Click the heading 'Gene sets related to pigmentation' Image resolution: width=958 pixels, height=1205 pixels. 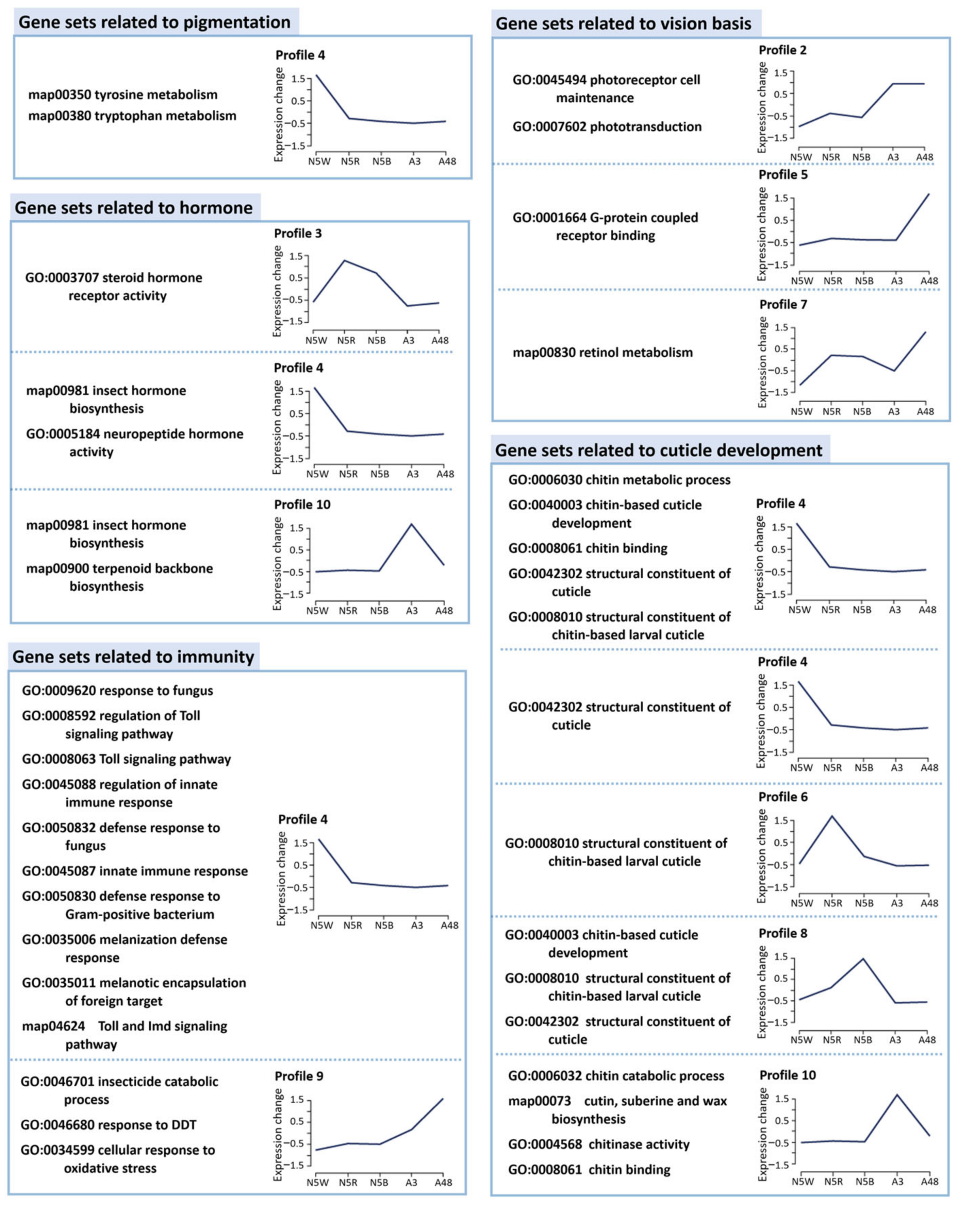point(154,22)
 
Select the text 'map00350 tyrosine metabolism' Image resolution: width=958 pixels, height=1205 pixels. point(122,95)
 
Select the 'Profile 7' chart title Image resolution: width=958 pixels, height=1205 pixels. point(783,305)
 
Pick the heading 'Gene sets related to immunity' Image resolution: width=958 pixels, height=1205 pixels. point(133,656)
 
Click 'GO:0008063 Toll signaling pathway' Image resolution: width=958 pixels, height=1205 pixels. point(127,759)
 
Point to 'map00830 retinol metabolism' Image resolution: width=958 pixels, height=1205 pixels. point(602,352)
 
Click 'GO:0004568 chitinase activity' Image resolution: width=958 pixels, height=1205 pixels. point(598,1144)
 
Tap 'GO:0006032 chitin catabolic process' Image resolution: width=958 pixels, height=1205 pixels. point(616,1076)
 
